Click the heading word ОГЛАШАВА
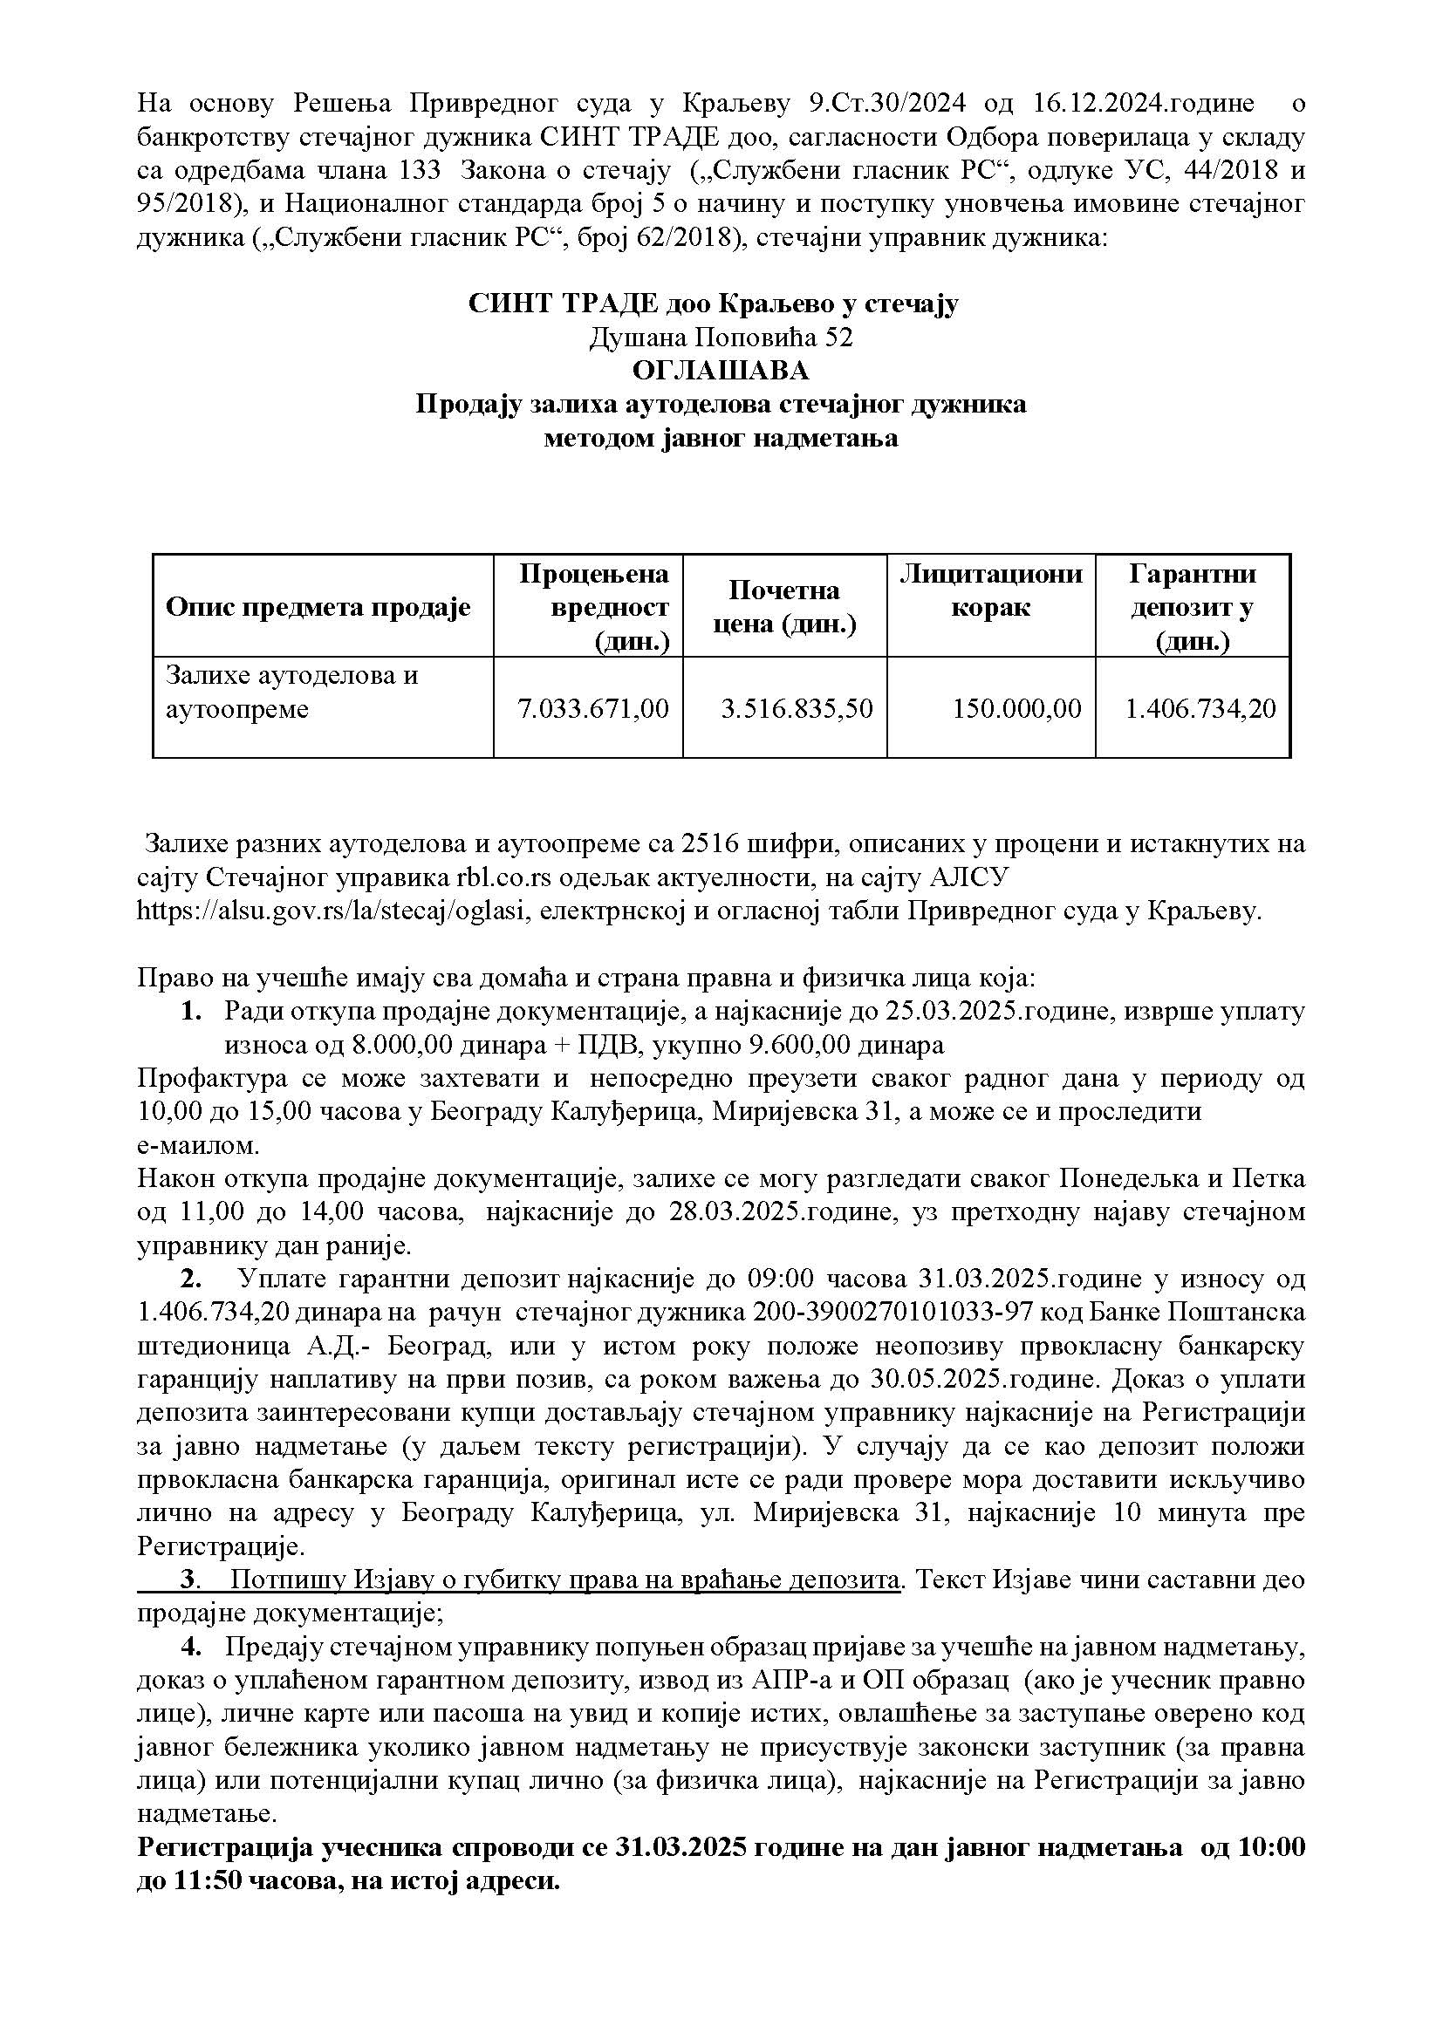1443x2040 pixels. pos(721,370)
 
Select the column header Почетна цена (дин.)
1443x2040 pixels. pos(783,607)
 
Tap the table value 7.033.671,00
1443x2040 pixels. pos(592,708)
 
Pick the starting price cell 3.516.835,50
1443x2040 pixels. pos(797,708)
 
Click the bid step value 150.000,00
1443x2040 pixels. pos(1017,708)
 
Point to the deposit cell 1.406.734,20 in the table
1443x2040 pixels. pos(1200,708)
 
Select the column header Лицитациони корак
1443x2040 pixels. pos(991,590)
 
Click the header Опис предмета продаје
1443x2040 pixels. pos(318,608)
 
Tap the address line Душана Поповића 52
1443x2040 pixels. pos(721,337)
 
